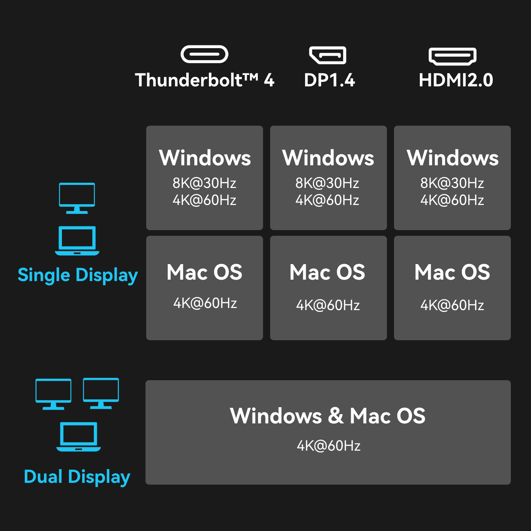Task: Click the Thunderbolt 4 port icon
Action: pos(204,55)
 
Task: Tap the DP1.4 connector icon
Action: pos(328,55)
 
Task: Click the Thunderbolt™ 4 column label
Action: pos(205,80)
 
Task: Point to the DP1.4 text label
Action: pos(329,80)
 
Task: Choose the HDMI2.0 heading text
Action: pos(456,80)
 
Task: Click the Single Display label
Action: pos(78,275)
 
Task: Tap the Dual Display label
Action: pos(77,476)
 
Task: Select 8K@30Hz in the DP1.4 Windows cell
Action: pos(327,183)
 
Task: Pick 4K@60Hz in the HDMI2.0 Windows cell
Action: pos(452,200)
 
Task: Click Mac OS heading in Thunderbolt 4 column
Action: pos(204,272)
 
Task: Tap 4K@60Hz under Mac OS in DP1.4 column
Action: pos(328,305)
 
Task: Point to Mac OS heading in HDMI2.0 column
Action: pos(452,272)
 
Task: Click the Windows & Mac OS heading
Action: pos(327,416)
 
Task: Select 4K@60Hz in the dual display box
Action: pos(329,446)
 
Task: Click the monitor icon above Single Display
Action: pos(77,198)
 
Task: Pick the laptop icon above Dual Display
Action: pos(79,436)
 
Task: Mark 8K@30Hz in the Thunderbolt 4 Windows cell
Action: pos(204,183)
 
